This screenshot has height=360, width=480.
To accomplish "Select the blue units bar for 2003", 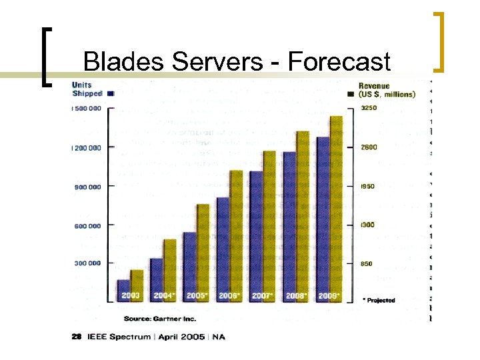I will point(123,291).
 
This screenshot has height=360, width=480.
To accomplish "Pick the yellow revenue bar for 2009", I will point(336,207).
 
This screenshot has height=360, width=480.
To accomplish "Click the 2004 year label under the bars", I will point(164,295).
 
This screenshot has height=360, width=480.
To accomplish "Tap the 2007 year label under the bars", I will point(263,295).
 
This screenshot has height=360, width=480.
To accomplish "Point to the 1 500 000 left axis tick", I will point(87,108).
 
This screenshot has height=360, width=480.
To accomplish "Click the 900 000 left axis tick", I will point(87,187).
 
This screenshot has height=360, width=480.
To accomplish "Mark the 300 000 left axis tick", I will point(87,263).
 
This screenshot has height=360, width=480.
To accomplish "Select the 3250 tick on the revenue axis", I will point(369,108).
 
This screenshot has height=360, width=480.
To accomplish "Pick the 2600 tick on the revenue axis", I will point(369,147).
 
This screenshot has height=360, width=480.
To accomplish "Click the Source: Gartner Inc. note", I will point(155,319).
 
